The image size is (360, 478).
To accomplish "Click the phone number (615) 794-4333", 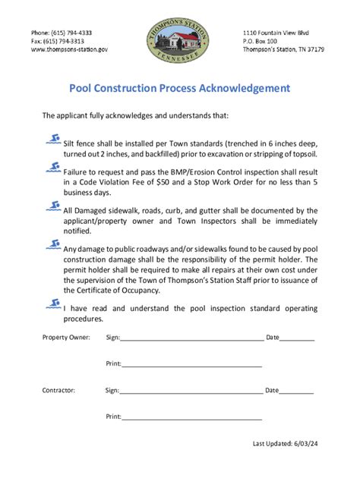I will click(x=62, y=33).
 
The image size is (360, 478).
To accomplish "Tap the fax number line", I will click(x=58, y=41).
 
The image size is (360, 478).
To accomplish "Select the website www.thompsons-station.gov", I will click(x=69, y=49).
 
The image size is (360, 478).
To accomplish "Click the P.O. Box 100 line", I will click(x=260, y=41).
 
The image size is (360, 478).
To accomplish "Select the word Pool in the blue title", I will click(x=83, y=88).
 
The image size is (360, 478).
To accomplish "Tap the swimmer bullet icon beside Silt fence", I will click(x=53, y=139).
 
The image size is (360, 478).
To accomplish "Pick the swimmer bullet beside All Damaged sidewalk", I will click(x=53, y=207).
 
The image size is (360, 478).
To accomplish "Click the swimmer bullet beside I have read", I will click(x=53, y=303).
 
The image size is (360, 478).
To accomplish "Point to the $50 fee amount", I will click(x=182, y=182).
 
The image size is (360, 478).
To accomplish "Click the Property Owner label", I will click(x=66, y=336).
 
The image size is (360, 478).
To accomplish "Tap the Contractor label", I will click(x=58, y=390).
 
